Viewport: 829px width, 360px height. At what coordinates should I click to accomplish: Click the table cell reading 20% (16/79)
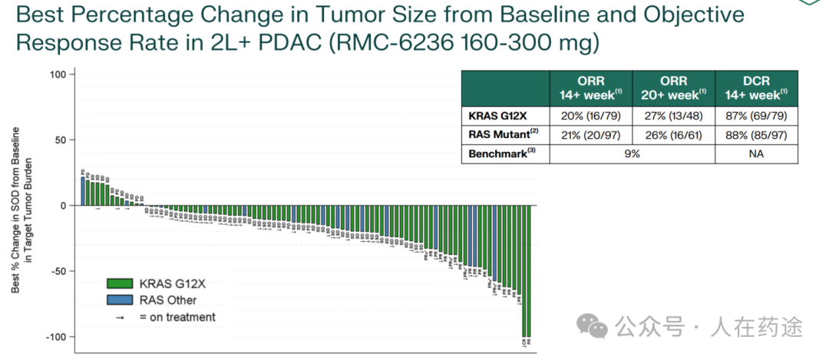coord(591,116)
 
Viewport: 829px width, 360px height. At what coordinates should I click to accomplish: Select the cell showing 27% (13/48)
coord(673,116)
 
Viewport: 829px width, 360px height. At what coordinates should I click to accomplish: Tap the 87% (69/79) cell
coord(756,116)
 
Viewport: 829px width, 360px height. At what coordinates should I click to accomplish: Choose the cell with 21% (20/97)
coord(591,134)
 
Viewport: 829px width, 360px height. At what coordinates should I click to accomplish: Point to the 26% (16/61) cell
coord(673,134)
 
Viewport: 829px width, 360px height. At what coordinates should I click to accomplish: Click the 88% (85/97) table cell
coord(756,134)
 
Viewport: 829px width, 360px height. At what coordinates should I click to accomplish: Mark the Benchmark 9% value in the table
coord(632,154)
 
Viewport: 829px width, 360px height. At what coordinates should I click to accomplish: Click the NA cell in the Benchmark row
coord(756,154)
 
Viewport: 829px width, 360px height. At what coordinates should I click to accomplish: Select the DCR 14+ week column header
coord(756,88)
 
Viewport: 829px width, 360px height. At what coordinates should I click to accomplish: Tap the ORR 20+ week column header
coord(673,88)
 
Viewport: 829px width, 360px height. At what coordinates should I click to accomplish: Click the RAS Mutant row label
coord(501,134)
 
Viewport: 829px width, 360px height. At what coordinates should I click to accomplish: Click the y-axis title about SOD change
coord(21,209)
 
